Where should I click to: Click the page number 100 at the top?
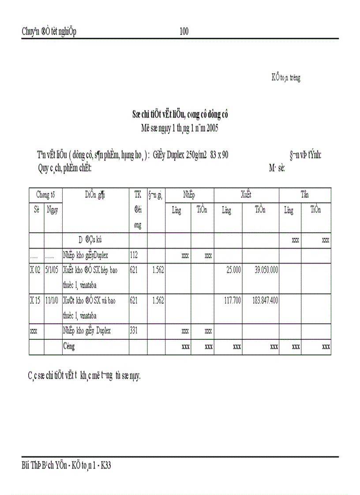pos(184,31)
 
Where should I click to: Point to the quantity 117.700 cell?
pos(230,301)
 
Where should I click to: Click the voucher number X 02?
pos(35,270)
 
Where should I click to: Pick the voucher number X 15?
pos(35,301)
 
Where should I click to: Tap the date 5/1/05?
pos(52,270)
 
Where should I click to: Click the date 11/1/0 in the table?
pos(52,301)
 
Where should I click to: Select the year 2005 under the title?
pos(210,129)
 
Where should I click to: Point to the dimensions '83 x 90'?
pos(218,155)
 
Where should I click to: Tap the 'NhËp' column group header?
pos(189,194)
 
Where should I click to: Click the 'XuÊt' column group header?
pos(246,194)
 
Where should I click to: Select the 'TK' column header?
pos(138,194)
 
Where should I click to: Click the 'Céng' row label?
pos(69,346)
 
